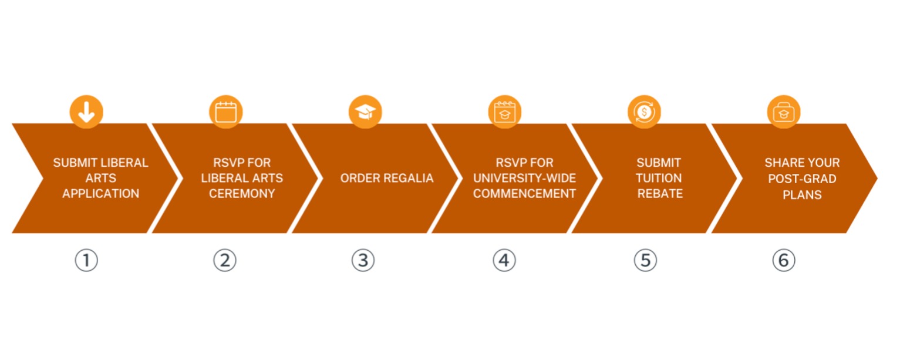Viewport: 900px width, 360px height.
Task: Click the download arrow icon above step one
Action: (86, 112)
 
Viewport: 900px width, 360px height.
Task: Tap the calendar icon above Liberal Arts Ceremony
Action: (225, 112)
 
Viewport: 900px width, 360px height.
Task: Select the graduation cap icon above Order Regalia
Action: (365, 112)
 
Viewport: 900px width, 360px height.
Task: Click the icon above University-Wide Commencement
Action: (504, 112)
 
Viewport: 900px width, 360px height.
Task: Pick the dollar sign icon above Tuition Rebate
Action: (644, 112)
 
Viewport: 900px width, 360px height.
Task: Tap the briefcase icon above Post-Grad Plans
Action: (784, 112)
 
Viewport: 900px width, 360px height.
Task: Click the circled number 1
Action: (86, 260)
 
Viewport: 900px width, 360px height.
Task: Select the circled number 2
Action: (224, 260)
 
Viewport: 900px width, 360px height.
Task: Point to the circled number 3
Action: (363, 260)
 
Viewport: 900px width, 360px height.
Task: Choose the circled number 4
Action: (504, 260)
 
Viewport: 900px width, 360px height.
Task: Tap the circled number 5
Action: (645, 260)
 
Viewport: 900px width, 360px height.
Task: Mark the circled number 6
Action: (783, 260)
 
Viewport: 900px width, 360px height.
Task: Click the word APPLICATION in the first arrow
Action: (101, 194)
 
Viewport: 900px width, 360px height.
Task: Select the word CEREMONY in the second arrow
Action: (242, 194)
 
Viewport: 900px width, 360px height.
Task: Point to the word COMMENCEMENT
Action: (524, 194)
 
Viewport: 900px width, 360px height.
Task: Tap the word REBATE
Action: (660, 194)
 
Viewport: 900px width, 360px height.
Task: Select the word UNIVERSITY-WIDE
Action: (524, 178)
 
